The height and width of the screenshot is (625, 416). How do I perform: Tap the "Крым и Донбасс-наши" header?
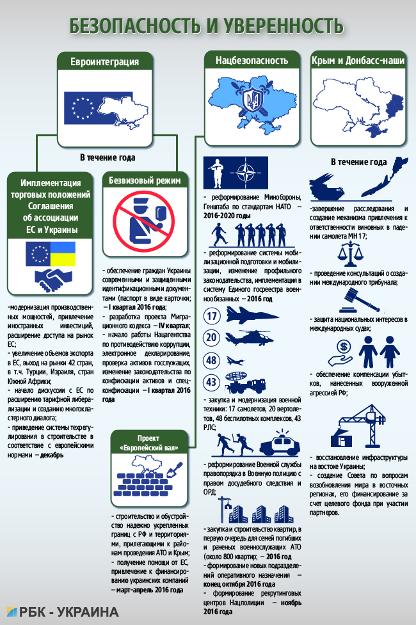(x=358, y=61)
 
